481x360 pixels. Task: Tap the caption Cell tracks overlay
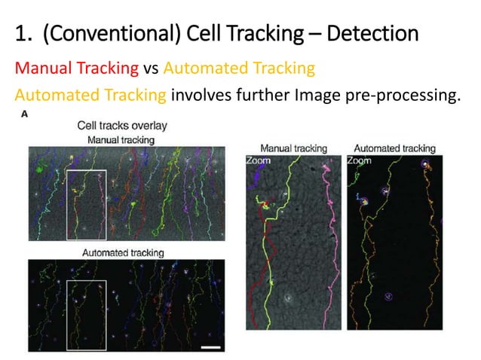pyautogui.click(x=121, y=127)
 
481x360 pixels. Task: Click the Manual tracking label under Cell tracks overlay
pyautogui.click(x=121, y=139)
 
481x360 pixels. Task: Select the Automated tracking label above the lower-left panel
pyautogui.click(x=122, y=252)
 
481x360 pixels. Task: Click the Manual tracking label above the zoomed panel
pyautogui.click(x=293, y=148)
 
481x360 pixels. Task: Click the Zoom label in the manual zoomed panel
pyautogui.click(x=258, y=160)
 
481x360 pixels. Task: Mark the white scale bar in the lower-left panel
pyautogui.click(x=211, y=347)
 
